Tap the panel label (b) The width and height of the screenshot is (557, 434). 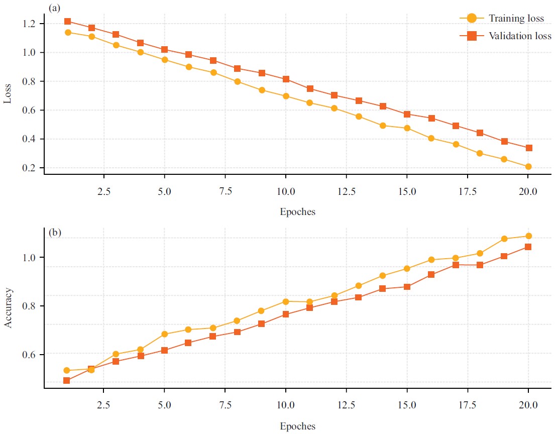click(x=55, y=233)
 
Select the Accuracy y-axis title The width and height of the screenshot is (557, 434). click(x=8, y=308)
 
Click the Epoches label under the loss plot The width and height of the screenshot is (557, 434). click(x=297, y=211)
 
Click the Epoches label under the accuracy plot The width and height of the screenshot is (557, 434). click(x=297, y=426)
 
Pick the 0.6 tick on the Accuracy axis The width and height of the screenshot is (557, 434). click(x=32, y=355)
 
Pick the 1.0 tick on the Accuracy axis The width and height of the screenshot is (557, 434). click(x=32, y=258)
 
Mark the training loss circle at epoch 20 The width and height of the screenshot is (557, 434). click(x=528, y=167)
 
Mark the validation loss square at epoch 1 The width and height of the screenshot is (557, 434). click(x=67, y=22)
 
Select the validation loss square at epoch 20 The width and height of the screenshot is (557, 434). click(x=528, y=148)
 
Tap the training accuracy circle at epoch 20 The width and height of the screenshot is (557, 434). click(x=528, y=236)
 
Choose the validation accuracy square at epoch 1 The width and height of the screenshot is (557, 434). click(x=67, y=381)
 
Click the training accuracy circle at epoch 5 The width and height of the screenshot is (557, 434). click(x=164, y=334)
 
